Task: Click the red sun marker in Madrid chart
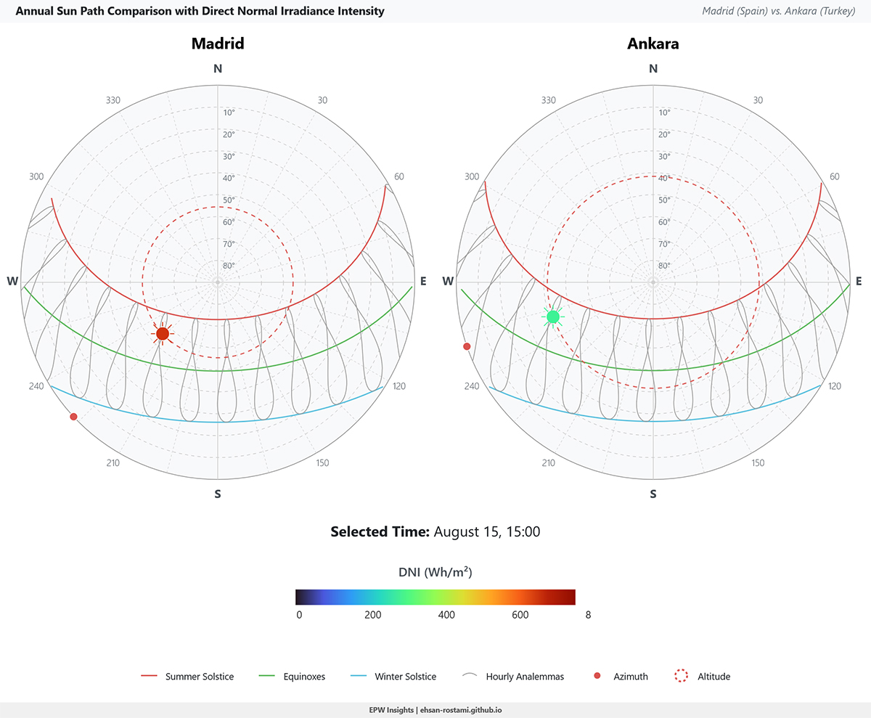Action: [x=163, y=333]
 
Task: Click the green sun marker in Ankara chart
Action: [x=553, y=317]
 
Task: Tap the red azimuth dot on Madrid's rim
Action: [x=73, y=416]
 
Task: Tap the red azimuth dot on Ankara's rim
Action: [x=467, y=346]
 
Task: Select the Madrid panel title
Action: [x=217, y=44]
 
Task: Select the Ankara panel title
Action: [x=653, y=44]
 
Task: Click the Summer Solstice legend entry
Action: [x=189, y=677]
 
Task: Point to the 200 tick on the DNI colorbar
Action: [x=372, y=615]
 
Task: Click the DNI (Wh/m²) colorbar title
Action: [x=435, y=572]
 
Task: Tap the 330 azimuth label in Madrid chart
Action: [x=113, y=101]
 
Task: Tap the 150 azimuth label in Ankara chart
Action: [x=758, y=463]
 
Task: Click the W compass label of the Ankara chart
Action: [x=448, y=282]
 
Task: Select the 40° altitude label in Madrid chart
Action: [x=229, y=179]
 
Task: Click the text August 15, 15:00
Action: [x=486, y=531]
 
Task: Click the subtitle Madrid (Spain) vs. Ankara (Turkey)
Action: [x=779, y=12]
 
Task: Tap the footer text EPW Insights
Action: [x=392, y=710]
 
